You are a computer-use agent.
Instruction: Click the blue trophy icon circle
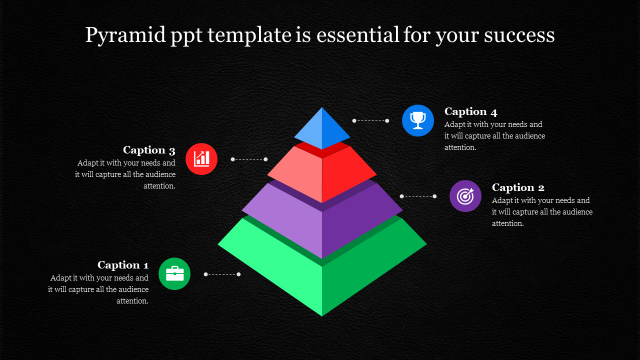tap(417, 120)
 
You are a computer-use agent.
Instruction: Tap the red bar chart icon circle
tap(201, 159)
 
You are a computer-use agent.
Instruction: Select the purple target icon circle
tap(465, 196)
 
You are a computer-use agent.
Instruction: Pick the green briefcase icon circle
tap(174, 273)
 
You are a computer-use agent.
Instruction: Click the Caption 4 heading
tap(470, 111)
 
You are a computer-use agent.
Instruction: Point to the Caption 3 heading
tap(149, 150)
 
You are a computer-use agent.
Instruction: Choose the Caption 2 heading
tap(518, 187)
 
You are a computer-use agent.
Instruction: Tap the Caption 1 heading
tap(123, 265)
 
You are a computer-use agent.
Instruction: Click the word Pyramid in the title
tap(125, 35)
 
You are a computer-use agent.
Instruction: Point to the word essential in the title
tap(357, 35)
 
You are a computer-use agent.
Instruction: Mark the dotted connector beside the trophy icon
tap(370, 121)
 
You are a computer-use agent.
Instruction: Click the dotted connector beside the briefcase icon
tap(222, 274)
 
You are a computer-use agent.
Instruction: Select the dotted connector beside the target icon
tap(418, 196)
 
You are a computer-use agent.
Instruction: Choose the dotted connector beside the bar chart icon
tap(249, 159)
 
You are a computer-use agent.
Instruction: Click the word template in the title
tap(249, 35)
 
